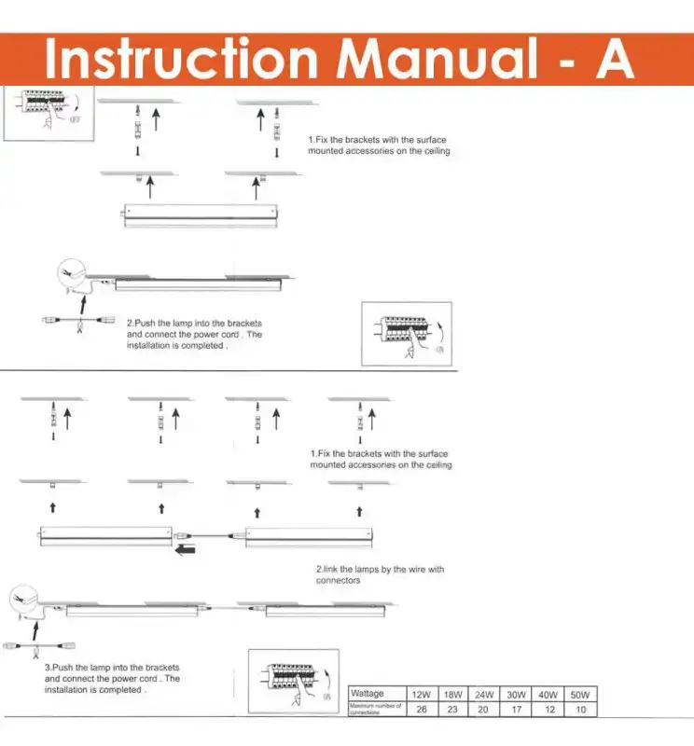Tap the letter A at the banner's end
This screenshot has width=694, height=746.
(612, 59)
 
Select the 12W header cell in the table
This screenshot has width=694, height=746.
(421, 695)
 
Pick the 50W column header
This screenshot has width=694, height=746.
(579, 695)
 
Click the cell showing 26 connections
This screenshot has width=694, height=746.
(421, 710)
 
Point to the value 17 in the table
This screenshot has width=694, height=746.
(516, 710)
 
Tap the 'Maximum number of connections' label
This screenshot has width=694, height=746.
(375, 710)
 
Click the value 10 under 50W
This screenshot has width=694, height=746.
(579, 710)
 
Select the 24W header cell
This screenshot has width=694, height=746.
(484, 695)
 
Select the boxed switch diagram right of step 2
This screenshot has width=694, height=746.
(406, 334)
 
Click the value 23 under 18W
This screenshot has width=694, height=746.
(452, 710)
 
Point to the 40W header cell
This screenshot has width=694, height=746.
(548, 695)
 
